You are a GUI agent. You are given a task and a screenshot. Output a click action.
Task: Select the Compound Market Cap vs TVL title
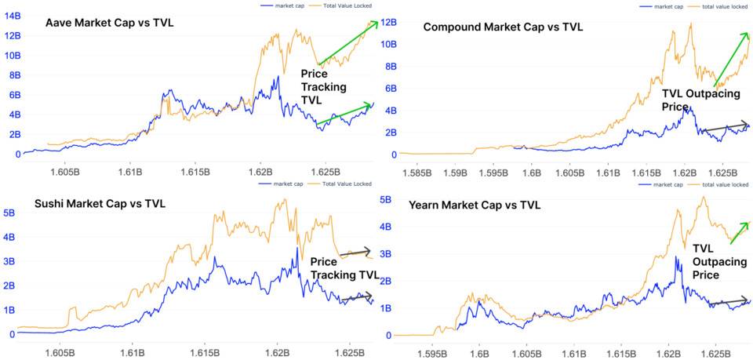pos(503,27)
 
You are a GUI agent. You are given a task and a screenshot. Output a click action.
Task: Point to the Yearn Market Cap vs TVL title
pos(475,205)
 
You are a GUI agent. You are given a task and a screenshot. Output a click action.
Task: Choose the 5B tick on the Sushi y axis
pos(9,213)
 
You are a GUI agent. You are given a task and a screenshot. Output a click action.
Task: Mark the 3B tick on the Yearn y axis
pos(386,253)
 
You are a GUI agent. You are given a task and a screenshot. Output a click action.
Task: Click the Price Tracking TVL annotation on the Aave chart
pos(324,87)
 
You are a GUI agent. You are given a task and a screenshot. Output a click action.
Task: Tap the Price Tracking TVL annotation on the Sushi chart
pos(344,268)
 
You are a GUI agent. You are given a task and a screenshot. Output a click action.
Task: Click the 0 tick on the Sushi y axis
pos(12,334)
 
